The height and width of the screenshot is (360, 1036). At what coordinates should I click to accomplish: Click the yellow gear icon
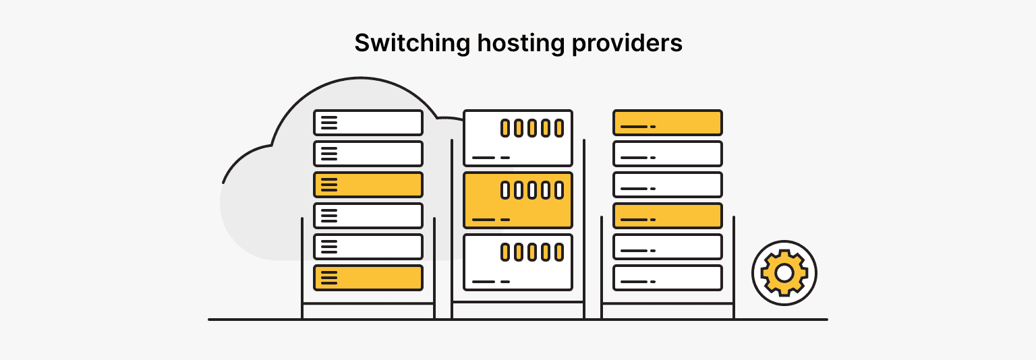pyautogui.click(x=784, y=273)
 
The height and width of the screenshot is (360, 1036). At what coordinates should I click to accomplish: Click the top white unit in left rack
pyautogui.click(x=368, y=123)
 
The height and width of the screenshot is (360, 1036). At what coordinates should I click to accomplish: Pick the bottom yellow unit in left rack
pyautogui.click(x=368, y=278)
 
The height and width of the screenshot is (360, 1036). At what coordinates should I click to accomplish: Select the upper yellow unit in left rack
pyautogui.click(x=368, y=185)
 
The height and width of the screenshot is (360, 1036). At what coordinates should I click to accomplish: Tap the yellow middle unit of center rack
pyautogui.click(x=518, y=200)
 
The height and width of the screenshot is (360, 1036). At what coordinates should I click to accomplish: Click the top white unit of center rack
pyautogui.click(x=518, y=138)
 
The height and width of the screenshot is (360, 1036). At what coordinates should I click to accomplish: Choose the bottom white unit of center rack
pyautogui.click(x=518, y=262)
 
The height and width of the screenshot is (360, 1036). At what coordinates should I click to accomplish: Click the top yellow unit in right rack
pyautogui.click(x=667, y=123)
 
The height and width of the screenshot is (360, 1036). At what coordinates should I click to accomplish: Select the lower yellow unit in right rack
pyautogui.click(x=667, y=216)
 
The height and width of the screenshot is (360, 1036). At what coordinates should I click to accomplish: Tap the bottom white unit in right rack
pyautogui.click(x=667, y=278)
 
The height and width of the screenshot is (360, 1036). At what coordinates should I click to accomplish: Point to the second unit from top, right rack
pyautogui.click(x=667, y=154)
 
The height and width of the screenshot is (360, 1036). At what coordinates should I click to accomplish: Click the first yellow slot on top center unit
pyautogui.click(x=505, y=127)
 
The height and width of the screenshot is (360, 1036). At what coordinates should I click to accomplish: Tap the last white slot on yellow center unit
pyautogui.click(x=558, y=189)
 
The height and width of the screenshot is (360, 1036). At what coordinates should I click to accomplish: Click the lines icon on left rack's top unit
pyautogui.click(x=328, y=123)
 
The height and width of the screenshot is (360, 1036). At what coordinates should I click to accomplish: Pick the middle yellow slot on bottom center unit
pyautogui.click(x=531, y=252)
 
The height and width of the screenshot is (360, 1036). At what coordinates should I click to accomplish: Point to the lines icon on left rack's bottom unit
pyautogui.click(x=328, y=278)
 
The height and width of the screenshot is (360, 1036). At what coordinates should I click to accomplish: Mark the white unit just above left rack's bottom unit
pyautogui.click(x=368, y=247)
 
